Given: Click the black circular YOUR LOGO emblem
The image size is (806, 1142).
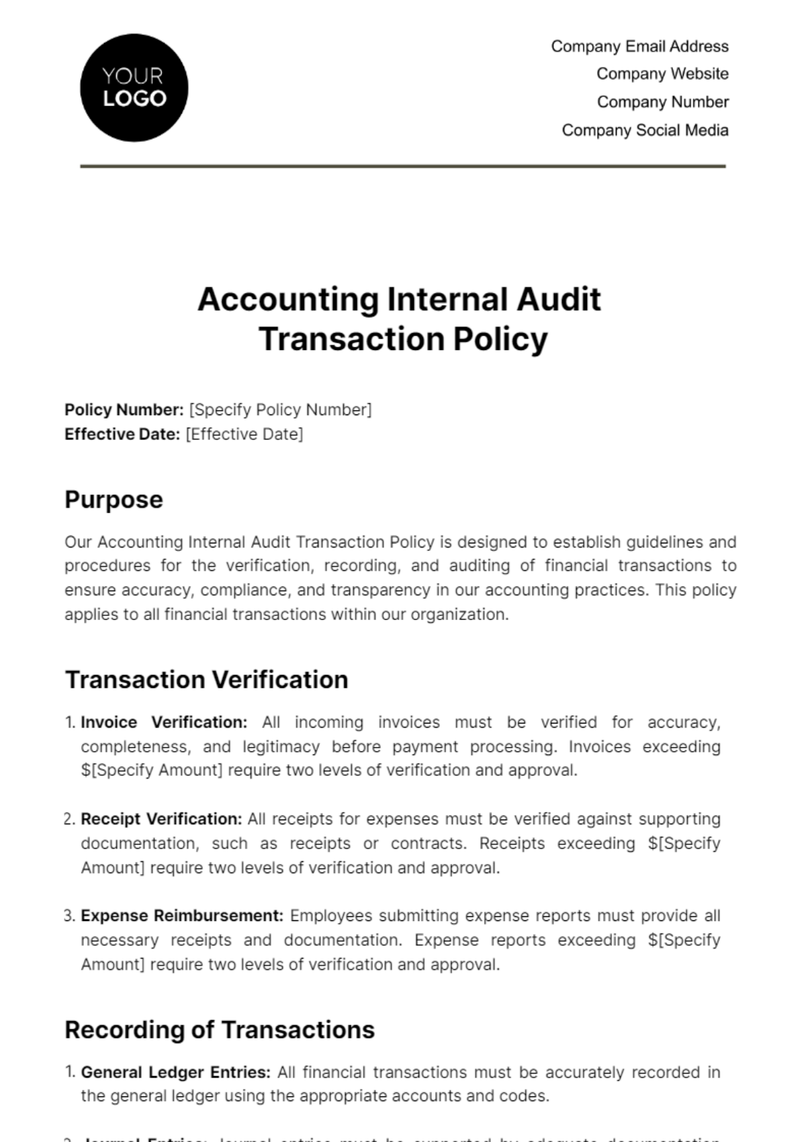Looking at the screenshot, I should click(x=134, y=88).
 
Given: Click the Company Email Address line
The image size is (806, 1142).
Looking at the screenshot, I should click(x=639, y=46).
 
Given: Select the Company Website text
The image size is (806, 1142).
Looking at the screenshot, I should click(x=662, y=74).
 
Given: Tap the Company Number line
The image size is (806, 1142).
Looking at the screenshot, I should click(x=662, y=102).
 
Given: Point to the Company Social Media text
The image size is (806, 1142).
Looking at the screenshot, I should click(x=645, y=130).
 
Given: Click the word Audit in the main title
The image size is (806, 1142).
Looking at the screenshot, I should click(x=558, y=300).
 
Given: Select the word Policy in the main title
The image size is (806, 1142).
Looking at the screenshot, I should click(x=500, y=339).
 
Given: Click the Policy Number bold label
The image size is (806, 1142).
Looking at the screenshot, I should click(x=124, y=410).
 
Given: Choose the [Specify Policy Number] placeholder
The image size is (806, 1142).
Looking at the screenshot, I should click(x=280, y=410).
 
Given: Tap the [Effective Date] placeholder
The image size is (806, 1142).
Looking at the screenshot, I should click(x=244, y=434).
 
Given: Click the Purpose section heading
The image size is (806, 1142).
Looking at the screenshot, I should click(x=114, y=500).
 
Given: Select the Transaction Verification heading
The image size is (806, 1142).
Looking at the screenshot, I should click(x=206, y=680).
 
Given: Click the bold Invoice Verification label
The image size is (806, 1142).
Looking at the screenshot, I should click(x=164, y=722).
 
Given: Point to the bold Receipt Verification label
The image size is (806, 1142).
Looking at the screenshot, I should click(x=161, y=819).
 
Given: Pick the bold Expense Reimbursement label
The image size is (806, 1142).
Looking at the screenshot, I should click(x=182, y=916).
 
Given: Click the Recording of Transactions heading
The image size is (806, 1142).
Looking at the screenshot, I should click(x=220, y=1030).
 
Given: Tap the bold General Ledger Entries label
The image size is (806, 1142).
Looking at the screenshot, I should click(x=175, y=1072).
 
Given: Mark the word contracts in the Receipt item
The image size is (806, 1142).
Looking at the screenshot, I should click(x=428, y=843).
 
